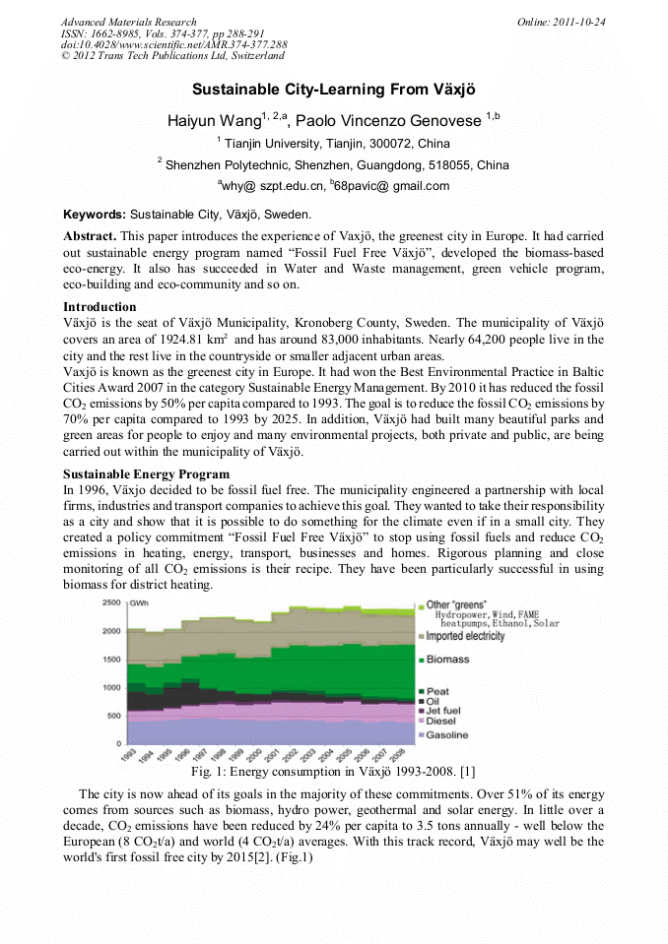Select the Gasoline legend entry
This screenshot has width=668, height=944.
(447, 735)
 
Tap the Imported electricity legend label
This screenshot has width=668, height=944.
(464, 636)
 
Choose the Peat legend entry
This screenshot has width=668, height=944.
(437, 692)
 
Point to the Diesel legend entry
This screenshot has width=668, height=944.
(441, 722)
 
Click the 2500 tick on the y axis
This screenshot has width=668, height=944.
(111, 602)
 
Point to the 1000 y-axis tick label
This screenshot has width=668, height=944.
(111, 687)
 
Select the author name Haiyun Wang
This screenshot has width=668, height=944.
(214, 120)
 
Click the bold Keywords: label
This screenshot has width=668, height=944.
(95, 214)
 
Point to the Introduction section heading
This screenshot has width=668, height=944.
(100, 307)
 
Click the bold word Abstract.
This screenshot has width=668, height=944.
(90, 237)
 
